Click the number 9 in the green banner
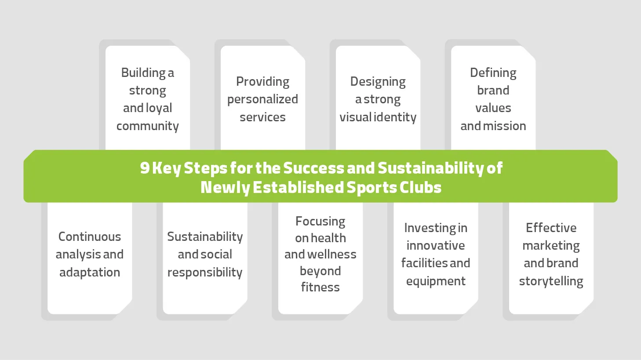click(145, 168)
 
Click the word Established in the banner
click(298, 188)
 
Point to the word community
click(148, 126)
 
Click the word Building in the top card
click(143, 73)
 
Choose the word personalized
click(263, 100)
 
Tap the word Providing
click(263, 82)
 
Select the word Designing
click(378, 82)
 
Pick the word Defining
click(493, 73)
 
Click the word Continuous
click(90, 236)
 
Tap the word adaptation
click(90, 273)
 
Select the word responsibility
click(205, 273)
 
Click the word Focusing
click(320, 222)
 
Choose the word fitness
click(320, 287)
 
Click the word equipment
click(436, 281)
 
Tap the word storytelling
click(551, 281)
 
